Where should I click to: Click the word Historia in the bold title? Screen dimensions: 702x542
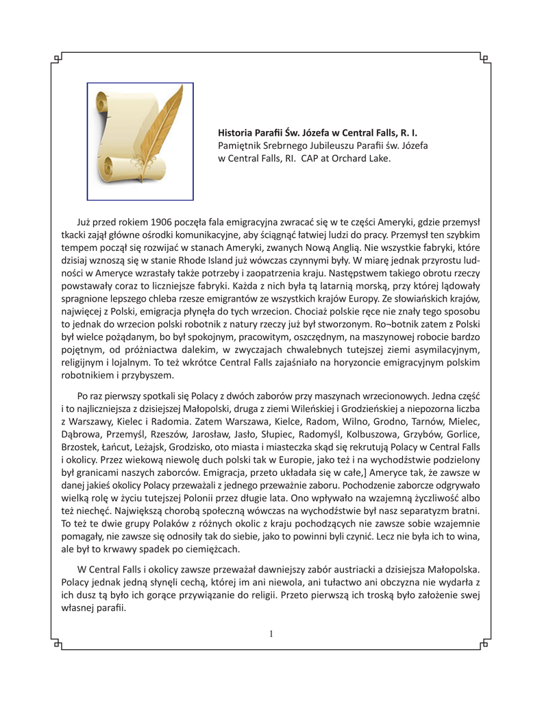236,132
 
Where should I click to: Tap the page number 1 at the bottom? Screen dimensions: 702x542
271,633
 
